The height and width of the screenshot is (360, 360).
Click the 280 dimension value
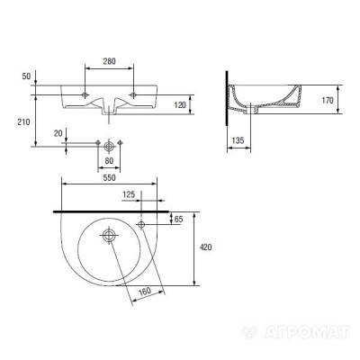coord(109,61)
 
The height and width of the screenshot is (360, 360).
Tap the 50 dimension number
coord(26,76)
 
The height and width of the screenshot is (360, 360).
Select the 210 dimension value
coord(23,122)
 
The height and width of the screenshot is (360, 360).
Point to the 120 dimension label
coord(180,104)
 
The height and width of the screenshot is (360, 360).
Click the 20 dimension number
coord(58,133)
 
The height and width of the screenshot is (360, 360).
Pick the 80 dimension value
coord(109,161)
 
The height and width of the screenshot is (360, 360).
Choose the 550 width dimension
coord(109,178)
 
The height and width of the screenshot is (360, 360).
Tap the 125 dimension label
coord(129,194)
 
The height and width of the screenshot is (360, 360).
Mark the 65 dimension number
coord(178,219)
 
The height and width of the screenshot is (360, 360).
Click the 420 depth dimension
coord(205,247)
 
